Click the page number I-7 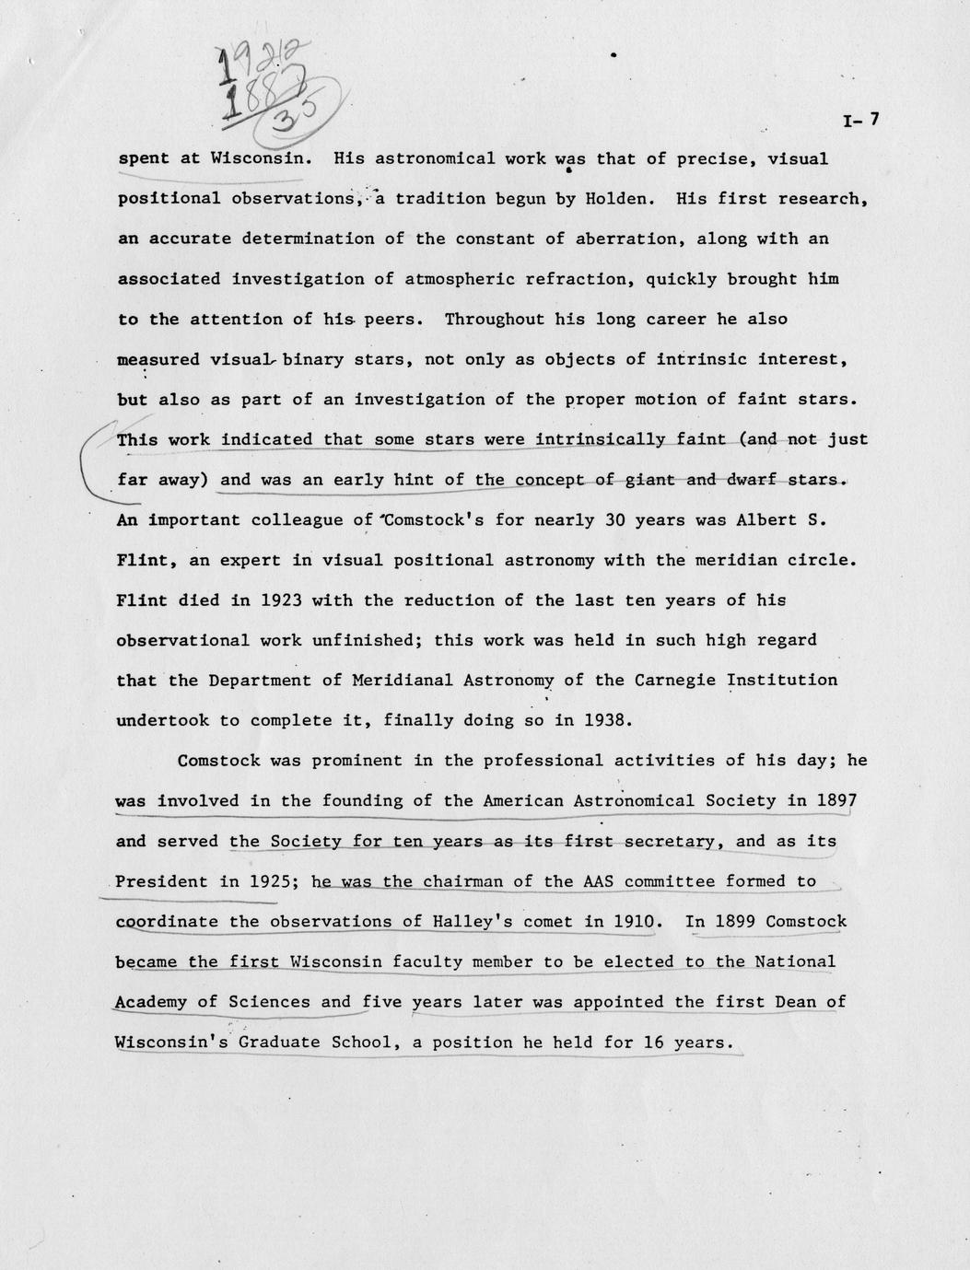[861, 120]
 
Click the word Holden [624, 198]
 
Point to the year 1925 [271, 881]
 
